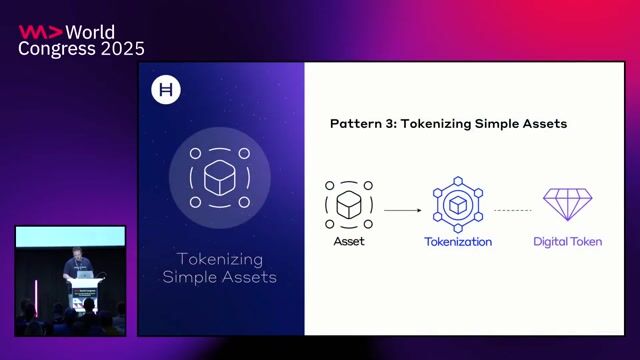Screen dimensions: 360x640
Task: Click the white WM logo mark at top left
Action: [x=38, y=31]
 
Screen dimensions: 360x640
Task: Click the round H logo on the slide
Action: [x=164, y=91]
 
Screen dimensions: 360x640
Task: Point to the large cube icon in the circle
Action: [x=219, y=178]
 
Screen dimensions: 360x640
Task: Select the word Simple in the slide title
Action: [x=490, y=124]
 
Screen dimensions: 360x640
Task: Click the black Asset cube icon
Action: [x=348, y=204]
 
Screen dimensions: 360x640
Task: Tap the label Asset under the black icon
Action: [x=348, y=242]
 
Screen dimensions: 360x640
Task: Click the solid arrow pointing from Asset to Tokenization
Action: [x=402, y=210]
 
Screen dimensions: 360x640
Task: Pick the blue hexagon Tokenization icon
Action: [x=457, y=203]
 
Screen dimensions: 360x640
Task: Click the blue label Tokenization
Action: [x=457, y=242]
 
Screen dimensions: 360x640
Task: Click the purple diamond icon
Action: [x=567, y=203]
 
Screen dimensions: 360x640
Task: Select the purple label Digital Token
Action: [x=567, y=242]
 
